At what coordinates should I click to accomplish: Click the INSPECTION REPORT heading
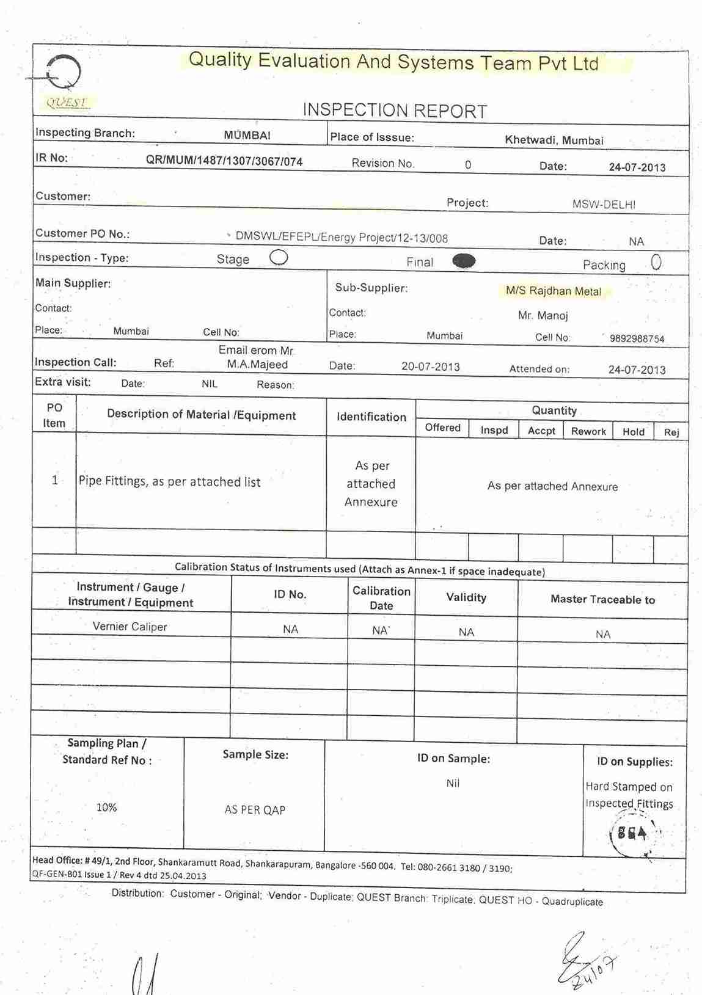pyautogui.click(x=395, y=111)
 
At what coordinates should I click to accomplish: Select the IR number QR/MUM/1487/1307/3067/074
pyautogui.click(x=224, y=161)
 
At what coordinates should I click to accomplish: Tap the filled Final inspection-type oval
pyautogui.click(x=464, y=261)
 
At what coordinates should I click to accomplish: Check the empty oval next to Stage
pyautogui.click(x=279, y=258)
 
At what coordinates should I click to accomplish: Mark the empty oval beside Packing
pyautogui.click(x=656, y=263)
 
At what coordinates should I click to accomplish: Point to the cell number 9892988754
pyautogui.click(x=637, y=339)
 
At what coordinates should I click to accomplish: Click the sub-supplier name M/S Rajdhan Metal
pyautogui.click(x=554, y=291)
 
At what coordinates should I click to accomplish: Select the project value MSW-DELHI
pyautogui.click(x=604, y=205)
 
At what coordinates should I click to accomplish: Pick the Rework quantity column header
pyautogui.click(x=588, y=431)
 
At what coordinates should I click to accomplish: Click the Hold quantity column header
pyautogui.click(x=634, y=432)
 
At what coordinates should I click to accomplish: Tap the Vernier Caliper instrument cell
pyautogui.click(x=130, y=627)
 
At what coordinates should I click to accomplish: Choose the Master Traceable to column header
pyautogui.click(x=602, y=600)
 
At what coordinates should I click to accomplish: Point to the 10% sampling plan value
pyautogui.click(x=106, y=807)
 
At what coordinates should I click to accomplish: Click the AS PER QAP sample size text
pyautogui.click(x=255, y=810)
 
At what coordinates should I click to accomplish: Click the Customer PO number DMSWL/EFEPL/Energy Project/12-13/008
pyautogui.click(x=342, y=238)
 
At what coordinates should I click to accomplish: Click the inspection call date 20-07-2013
pyautogui.click(x=431, y=367)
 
